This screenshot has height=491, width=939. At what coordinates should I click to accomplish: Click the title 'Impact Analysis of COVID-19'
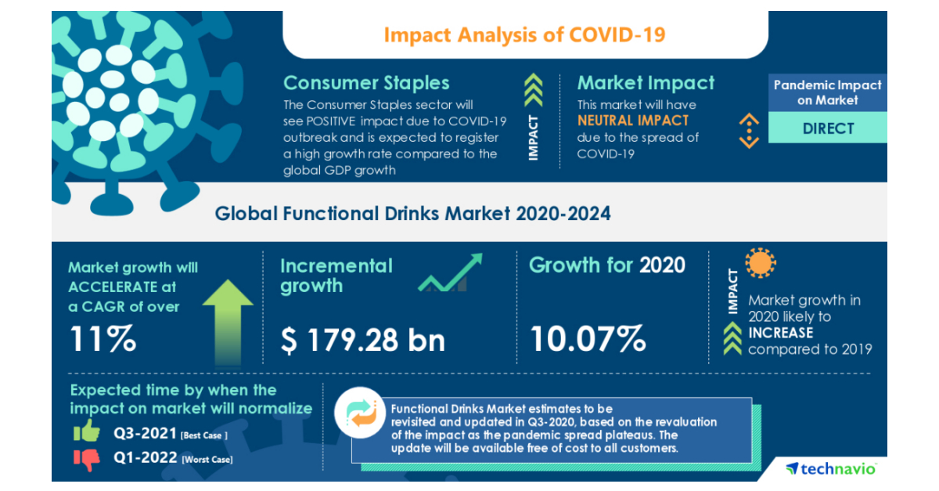pos(525,35)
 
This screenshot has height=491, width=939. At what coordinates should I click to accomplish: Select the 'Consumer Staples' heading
pos(366,83)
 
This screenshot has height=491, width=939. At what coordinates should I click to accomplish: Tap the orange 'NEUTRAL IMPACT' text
pos(633,121)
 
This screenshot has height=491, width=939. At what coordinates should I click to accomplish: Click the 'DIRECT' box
pos(828,128)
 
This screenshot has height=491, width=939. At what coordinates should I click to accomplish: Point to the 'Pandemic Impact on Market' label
pos(828,92)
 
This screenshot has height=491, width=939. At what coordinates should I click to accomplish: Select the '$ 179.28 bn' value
pos(363,339)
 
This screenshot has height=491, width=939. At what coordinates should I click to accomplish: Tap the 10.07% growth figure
pos(588,339)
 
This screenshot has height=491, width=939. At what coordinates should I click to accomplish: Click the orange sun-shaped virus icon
pos(760,264)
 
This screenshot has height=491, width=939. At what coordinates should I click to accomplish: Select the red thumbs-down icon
pos(86,458)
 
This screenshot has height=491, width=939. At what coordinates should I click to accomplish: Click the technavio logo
pos(832,468)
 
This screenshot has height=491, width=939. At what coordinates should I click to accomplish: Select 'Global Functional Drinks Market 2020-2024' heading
pos(412,213)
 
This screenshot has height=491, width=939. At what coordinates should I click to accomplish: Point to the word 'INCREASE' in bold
pos(780,333)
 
